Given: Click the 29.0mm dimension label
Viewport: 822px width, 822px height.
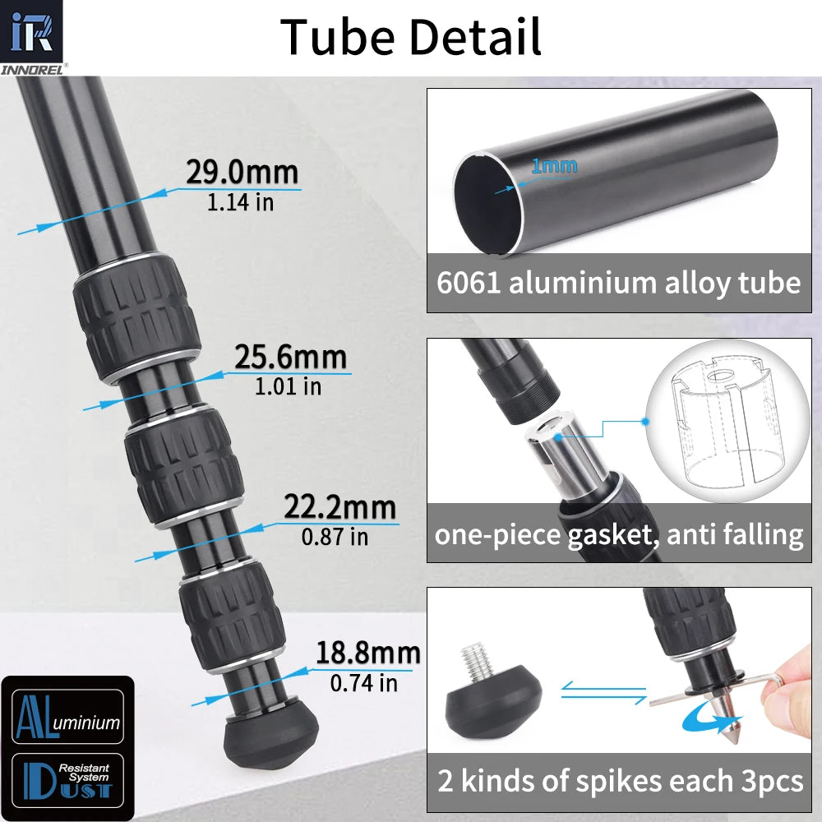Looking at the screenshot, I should (242, 173).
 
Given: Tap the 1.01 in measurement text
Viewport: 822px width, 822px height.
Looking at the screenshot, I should (288, 386).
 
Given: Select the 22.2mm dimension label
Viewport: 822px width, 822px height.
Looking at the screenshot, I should (339, 507).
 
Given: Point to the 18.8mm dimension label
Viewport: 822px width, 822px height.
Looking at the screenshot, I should (367, 653).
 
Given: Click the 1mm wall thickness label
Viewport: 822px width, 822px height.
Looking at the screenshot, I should (553, 166).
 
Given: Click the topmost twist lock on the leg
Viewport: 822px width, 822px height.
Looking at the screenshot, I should (137, 316).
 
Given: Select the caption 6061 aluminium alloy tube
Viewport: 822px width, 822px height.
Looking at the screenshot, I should (618, 284).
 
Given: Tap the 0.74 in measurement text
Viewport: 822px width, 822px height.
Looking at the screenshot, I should (363, 682).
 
